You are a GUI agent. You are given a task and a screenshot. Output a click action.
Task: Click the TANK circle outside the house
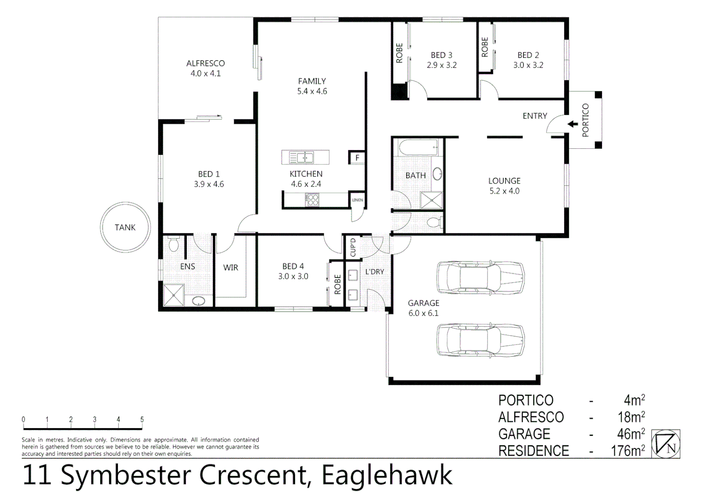click(125, 227)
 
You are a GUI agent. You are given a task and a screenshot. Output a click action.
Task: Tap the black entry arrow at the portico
click(572, 124)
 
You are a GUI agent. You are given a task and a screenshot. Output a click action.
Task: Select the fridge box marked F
click(357, 158)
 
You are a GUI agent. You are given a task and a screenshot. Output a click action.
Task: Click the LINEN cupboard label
click(357, 200)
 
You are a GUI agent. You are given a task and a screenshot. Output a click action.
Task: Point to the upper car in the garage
click(480, 277)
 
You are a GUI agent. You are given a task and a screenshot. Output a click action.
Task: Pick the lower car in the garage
click(480, 340)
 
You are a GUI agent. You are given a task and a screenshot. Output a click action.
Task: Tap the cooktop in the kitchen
click(313, 200)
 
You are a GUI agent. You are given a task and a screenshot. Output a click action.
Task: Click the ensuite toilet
click(173, 245)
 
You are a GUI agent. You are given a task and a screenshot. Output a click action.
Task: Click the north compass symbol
click(666, 444)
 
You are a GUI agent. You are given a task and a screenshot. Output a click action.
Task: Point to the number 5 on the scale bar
click(142, 419)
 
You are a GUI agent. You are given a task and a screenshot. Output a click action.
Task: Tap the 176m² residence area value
click(628, 451)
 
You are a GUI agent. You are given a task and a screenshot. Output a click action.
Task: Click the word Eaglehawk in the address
click(387, 475)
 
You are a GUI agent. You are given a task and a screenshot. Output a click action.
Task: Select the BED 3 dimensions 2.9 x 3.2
click(442, 65)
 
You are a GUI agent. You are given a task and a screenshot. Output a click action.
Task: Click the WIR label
click(230, 267)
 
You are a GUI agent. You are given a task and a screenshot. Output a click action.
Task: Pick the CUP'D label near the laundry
click(353, 247)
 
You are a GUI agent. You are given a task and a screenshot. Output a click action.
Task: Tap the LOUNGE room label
click(504, 181)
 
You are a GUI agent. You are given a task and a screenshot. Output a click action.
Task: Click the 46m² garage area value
click(631, 434)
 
